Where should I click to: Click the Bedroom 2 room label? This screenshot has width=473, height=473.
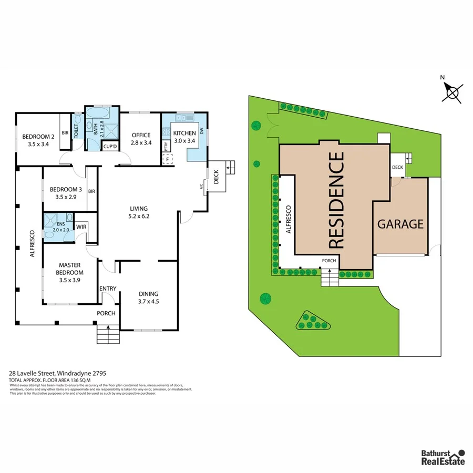pos(38,141)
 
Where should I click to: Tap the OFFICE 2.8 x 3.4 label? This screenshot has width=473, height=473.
pos(141,139)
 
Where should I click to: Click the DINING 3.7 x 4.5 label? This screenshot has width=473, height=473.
pos(148,297)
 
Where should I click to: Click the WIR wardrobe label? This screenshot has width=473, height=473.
pos(81,227)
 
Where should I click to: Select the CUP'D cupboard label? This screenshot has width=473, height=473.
pos(110,147)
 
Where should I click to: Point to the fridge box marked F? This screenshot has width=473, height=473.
pos(168,159)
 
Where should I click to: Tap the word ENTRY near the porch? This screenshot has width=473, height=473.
pos(107,289)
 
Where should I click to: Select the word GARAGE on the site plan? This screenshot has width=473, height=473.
pos(400,224)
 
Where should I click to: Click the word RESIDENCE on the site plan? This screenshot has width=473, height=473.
pos(336,200)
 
